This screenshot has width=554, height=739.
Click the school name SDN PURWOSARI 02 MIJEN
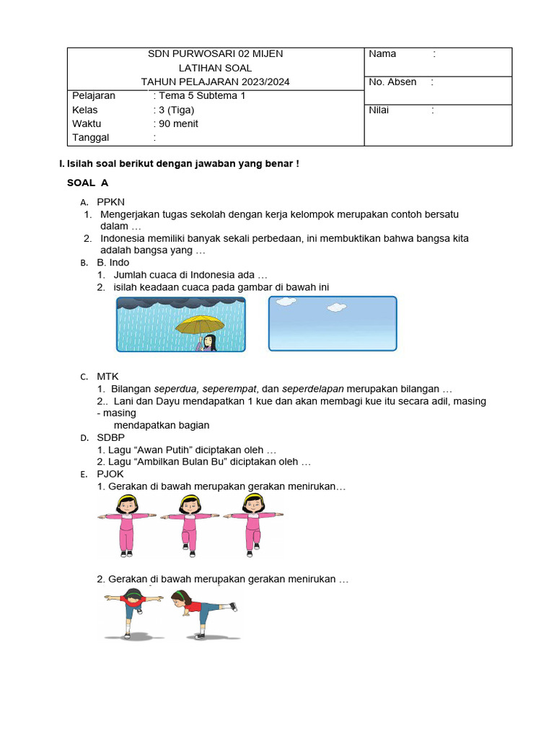click(x=215, y=54)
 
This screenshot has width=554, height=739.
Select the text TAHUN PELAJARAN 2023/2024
click(x=215, y=82)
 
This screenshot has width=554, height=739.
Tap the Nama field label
click(x=382, y=54)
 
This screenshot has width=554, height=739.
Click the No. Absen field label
click(x=392, y=82)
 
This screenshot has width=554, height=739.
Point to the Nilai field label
click(x=379, y=110)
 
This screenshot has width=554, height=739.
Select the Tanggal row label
click(x=91, y=137)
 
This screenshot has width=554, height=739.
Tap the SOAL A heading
click(x=87, y=183)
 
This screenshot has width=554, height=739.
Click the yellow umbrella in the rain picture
click(x=199, y=323)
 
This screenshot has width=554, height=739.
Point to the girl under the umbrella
click(x=208, y=343)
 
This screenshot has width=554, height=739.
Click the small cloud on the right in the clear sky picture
click(x=335, y=308)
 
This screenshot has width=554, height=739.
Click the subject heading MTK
click(x=107, y=377)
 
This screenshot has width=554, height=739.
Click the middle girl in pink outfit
click(x=189, y=525)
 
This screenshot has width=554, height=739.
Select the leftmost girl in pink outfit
click(x=127, y=525)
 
